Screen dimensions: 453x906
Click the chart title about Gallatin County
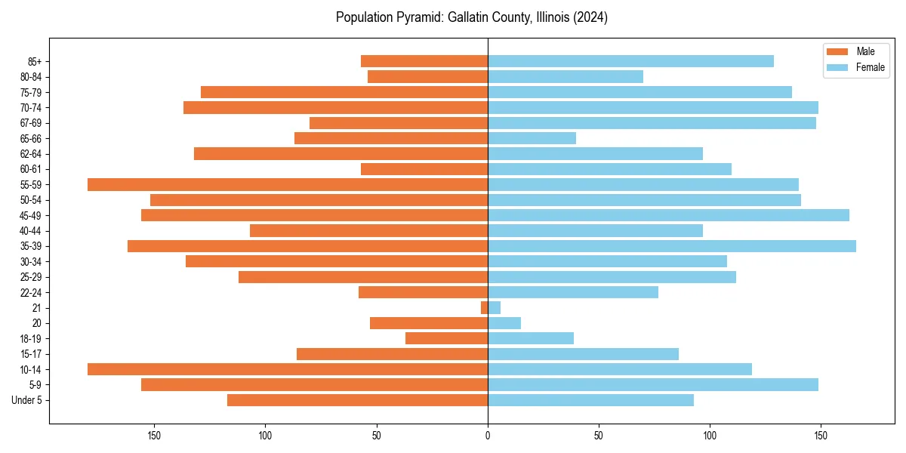(471, 17)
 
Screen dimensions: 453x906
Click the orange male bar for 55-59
(288, 184)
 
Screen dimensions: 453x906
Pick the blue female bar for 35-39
(672, 246)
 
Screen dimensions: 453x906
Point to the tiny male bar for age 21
(484, 308)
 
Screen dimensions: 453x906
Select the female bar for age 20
(504, 323)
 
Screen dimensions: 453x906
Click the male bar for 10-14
(288, 369)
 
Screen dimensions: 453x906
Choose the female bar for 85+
(630, 61)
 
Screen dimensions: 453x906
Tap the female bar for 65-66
(532, 138)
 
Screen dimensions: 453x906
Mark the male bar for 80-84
(427, 76)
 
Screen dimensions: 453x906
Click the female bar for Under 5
(590, 400)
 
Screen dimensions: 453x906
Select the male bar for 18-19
(446, 338)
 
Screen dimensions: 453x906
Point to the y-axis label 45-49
(31, 215)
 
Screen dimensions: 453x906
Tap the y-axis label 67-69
(31, 123)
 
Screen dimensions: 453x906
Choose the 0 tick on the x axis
(488, 436)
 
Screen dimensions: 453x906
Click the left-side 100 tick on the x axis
(265, 436)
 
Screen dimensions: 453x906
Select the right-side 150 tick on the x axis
(821, 436)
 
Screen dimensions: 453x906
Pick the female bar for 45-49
(668, 215)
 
